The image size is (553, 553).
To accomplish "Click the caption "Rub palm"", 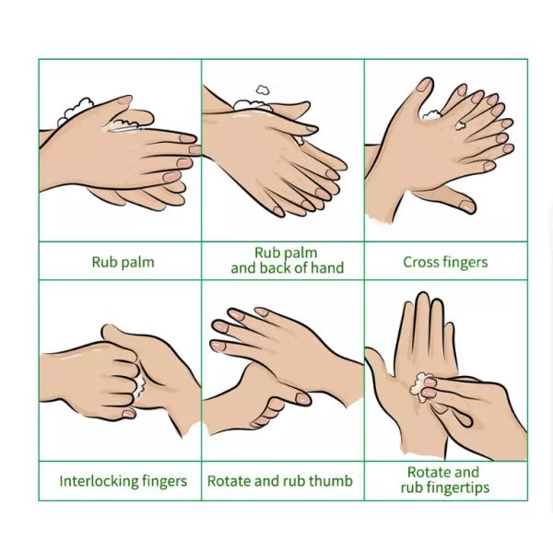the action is pos(124,262).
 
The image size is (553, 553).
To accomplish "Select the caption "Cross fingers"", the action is pos(445,262).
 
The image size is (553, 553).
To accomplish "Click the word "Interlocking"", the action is pos(99,481).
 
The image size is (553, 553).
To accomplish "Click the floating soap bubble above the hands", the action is pos(263,90).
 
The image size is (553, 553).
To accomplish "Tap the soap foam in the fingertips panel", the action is pos(420,386).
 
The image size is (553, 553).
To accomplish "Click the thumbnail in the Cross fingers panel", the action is pos(424,85).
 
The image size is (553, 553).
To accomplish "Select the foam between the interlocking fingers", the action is pos(140,386).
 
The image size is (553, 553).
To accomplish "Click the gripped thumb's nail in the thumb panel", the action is pos(302,399).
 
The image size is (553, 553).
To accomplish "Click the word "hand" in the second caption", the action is pos(327,267).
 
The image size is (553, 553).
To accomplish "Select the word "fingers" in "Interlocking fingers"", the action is pos(164,482).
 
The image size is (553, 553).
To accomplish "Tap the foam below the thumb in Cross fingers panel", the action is pos(431,114).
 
